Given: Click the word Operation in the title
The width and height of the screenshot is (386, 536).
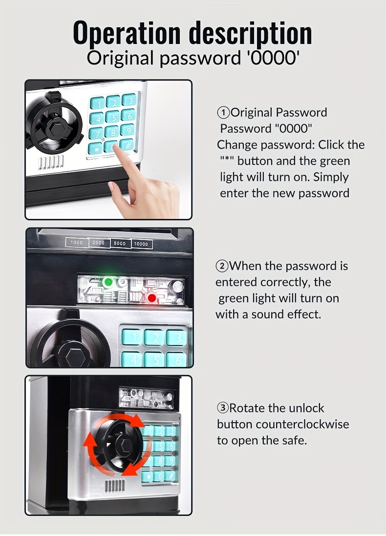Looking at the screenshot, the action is click(x=127, y=33).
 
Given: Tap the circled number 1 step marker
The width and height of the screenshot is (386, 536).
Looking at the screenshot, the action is click(x=224, y=112).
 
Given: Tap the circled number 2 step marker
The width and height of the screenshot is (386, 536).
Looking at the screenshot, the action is click(x=222, y=266).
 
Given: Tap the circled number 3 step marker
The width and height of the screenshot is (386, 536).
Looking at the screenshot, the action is click(x=223, y=408).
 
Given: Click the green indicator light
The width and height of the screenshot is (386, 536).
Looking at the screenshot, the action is click(x=108, y=282).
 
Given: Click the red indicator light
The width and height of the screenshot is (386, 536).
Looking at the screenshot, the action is click(x=152, y=299).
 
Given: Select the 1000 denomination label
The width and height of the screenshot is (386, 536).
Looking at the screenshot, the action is click(x=77, y=242).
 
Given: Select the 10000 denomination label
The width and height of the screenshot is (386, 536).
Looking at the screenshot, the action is click(x=141, y=244).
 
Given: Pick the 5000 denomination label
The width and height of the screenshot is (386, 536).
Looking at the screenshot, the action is click(x=120, y=243).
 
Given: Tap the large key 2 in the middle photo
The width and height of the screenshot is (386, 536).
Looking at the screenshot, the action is click(x=154, y=338).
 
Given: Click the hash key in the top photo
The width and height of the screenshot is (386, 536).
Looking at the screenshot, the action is click(x=127, y=146).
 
